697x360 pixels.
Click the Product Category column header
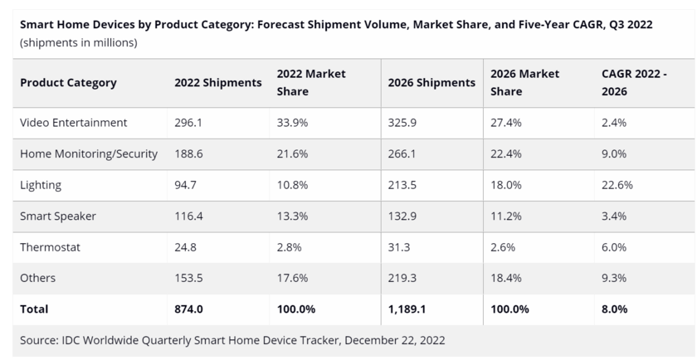point(68,83)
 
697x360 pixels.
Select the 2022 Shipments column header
point(217,83)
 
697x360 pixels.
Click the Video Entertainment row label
point(73,123)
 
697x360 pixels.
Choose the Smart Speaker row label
point(58,216)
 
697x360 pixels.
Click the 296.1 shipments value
point(189,123)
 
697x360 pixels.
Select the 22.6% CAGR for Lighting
point(617,185)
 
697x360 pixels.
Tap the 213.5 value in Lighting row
point(403,185)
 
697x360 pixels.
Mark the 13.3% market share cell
point(293,216)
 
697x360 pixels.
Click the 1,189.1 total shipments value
point(408,309)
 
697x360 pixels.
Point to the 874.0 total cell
point(189,309)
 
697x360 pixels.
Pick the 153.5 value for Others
point(189,279)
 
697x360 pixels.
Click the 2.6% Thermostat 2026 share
point(505,247)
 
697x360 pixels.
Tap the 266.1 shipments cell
point(403,154)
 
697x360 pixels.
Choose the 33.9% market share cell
point(293,123)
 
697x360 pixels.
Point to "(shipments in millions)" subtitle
point(79,42)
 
